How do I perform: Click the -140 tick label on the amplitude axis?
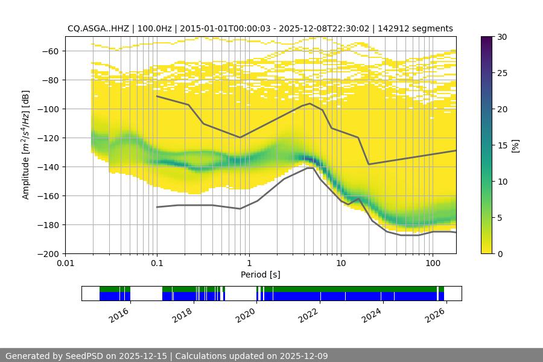click(x=51, y=167)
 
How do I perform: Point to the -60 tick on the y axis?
click(x=51, y=51)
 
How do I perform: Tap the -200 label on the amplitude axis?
click(x=51, y=253)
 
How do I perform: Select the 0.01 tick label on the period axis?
click(x=65, y=264)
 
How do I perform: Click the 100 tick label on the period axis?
click(x=433, y=264)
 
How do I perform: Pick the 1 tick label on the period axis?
click(x=249, y=264)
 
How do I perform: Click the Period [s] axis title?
click(x=261, y=275)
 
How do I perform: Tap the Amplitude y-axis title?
click(x=26, y=145)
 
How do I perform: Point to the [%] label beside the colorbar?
click(x=515, y=145)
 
